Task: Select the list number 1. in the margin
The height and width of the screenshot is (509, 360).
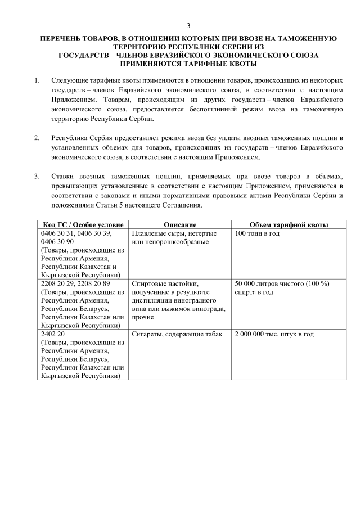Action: click(37, 82)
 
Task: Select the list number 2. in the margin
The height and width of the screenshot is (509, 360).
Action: click(37, 138)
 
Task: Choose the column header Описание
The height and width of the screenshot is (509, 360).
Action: click(180, 224)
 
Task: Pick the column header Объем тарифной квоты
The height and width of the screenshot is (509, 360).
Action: click(281, 224)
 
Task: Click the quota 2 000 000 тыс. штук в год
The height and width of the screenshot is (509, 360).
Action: click(274, 334)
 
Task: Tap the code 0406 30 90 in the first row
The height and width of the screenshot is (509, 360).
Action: click(57, 241)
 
